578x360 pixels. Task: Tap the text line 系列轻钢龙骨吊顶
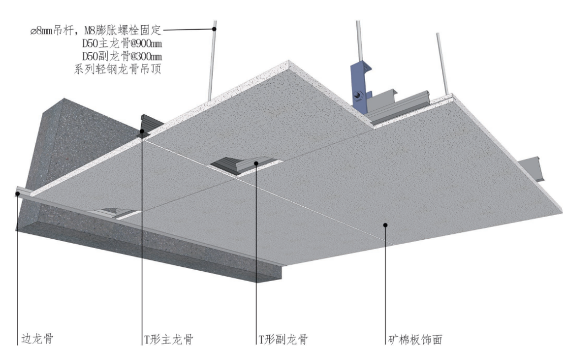(x=117, y=70)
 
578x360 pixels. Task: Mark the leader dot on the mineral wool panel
(x=386, y=224)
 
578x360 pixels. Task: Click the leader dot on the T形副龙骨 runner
(x=256, y=163)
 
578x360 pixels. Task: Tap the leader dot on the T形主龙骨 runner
(x=142, y=131)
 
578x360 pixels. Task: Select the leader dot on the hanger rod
(x=214, y=29)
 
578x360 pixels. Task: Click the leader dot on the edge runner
(x=17, y=193)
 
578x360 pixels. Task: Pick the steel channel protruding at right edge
(x=534, y=166)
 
